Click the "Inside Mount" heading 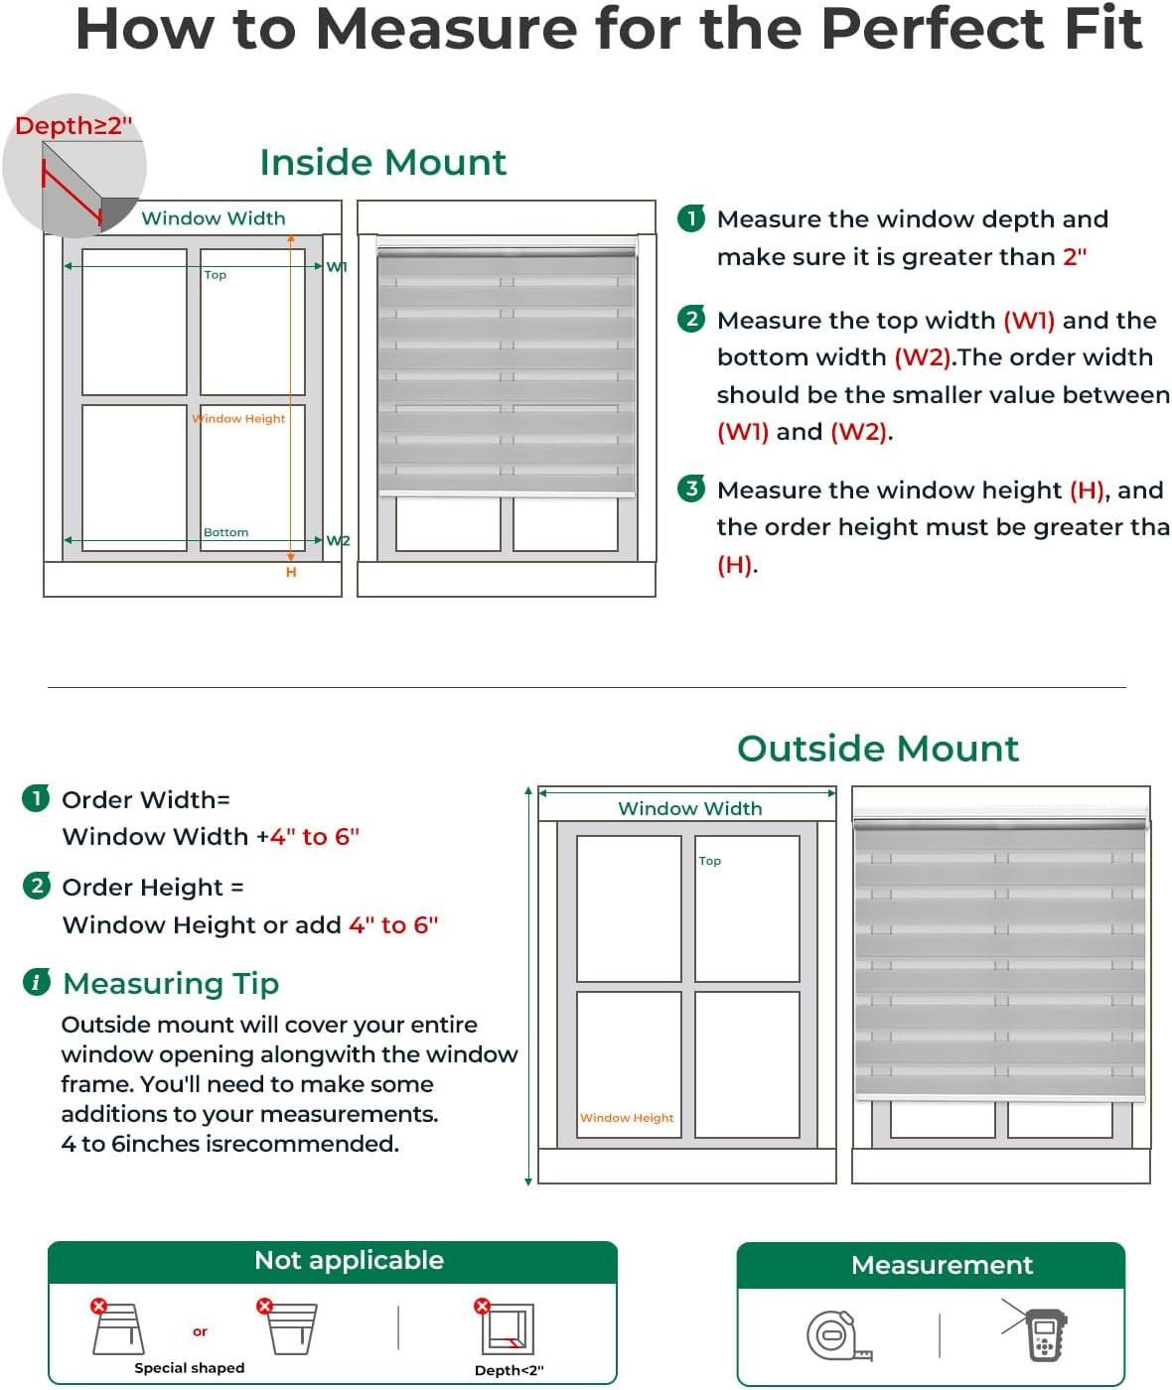[x=383, y=163]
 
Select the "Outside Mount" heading [x=878, y=749]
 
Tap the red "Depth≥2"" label [x=73, y=126]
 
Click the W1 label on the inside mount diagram [x=337, y=267]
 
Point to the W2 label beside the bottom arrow [x=339, y=540]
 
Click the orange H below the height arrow [x=291, y=572]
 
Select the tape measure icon [x=839, y=1335]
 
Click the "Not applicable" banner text [x=349, y=1260]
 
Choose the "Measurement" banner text [x=942, y=1265]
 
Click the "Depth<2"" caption [x=510, y=1370]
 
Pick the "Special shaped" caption [x=190, y=1368]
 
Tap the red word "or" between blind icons [x=200, y=1331]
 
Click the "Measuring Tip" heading [x=171, y=984]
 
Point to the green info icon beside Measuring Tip [x=37, y=982]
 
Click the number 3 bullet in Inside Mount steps [x=691, y=488]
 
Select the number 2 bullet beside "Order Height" [x=37, y=886]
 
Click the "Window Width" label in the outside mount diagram [x=690, y=808]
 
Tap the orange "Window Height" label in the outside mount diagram [x=627, y=1118]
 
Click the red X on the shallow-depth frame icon [x=482, y=1307]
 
